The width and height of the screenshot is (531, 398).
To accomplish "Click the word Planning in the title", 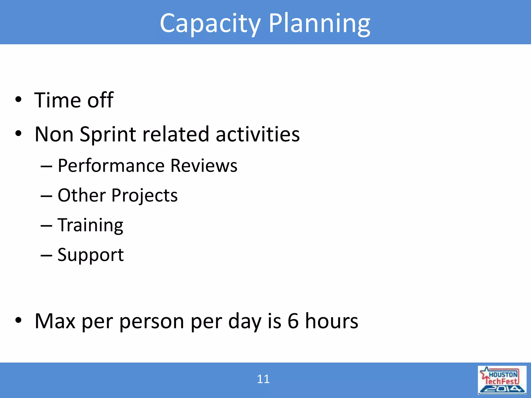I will pos(319,24).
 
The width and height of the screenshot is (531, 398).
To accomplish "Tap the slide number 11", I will pos(263,379).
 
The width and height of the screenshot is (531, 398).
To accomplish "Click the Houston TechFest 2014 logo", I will pos(502,380).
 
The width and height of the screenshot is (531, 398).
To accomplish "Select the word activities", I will pos(257,134).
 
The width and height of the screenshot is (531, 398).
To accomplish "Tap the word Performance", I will pos(111,166).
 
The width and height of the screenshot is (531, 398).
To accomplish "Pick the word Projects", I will pos(144,196).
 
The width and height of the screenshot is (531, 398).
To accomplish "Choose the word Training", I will pos(90,225).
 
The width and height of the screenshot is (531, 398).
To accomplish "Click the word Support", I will pos(90,255).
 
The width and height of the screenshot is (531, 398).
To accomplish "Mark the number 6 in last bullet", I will pos(293,321).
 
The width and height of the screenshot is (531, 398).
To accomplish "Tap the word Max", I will pos(55,321).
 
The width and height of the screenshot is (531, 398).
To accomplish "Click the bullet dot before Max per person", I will pos(18,321).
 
